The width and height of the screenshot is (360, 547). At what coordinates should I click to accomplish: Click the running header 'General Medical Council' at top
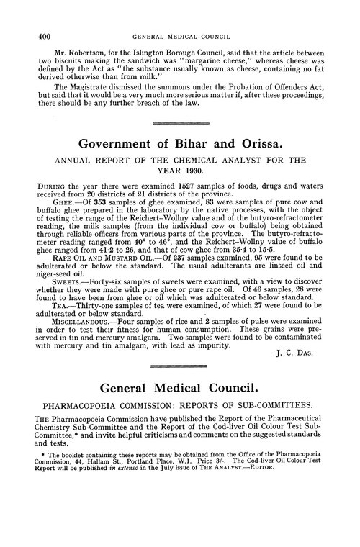click(x=181, y=14)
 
